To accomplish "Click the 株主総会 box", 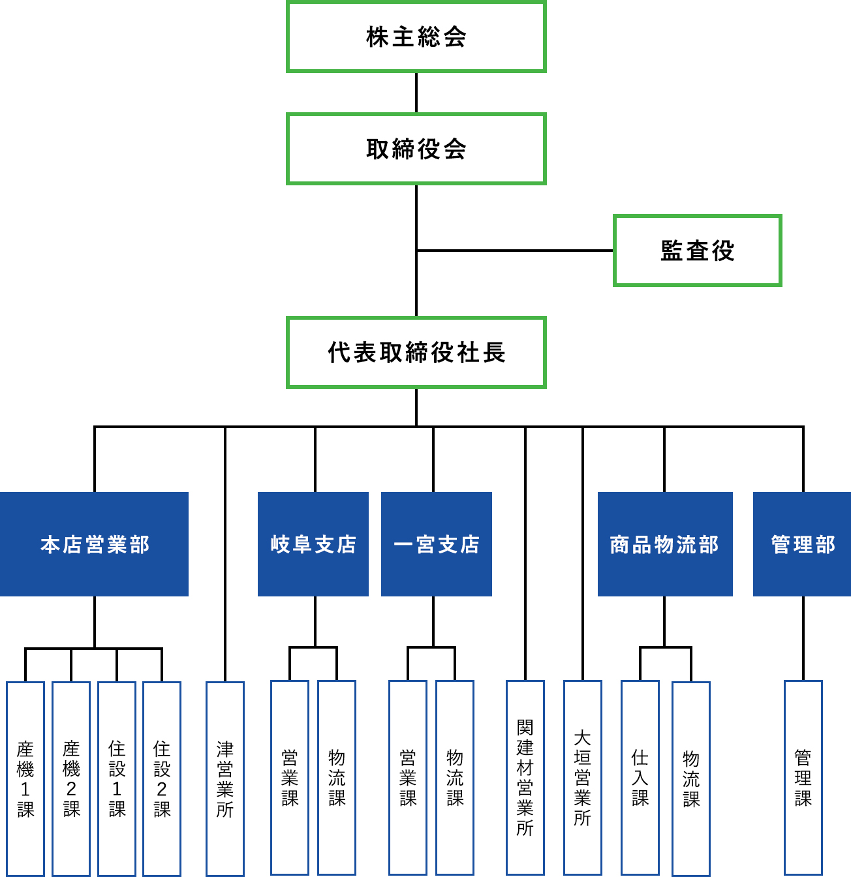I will (416, 37).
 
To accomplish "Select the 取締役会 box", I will (416, 149).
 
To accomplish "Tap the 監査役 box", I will (697, 251).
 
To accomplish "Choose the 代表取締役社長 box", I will (416, 353).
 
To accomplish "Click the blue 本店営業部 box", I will (95, 544).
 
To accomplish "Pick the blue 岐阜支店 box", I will (313, 544).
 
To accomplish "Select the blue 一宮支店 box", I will (436, 544).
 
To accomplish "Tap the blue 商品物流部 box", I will (664, 544).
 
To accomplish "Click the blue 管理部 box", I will (802, 544).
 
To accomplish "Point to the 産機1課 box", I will (25, 778).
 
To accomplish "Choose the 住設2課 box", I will (162, 778).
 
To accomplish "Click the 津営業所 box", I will (225, 778).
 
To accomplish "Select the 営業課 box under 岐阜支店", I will (290, 778).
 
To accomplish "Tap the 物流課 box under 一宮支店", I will (455, 778).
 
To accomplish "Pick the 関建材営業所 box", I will (525, 778).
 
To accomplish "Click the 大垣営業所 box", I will (583, 778).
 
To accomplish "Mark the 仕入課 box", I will (640, 778).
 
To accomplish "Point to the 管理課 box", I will (803, 778).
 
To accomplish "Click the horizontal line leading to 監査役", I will (516, 250).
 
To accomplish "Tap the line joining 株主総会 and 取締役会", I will (416, 93).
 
